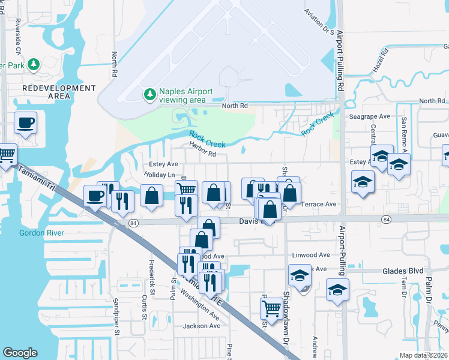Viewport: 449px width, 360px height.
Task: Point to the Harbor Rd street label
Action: [202, 154]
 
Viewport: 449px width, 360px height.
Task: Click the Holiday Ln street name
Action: [158, 175]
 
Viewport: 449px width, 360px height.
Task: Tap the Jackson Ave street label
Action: [202, 326]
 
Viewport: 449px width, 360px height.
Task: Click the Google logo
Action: [20, 352]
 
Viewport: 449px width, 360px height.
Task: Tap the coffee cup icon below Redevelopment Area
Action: [25, 123]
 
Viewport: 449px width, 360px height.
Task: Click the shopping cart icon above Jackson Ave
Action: [271, 308]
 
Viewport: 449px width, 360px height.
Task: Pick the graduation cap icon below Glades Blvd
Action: [337, 290]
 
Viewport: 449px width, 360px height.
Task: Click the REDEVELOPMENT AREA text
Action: [59, 92]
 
